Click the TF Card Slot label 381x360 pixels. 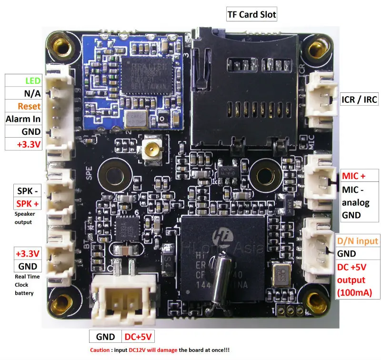coord(251,14)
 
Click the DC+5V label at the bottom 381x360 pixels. coord(138,337)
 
